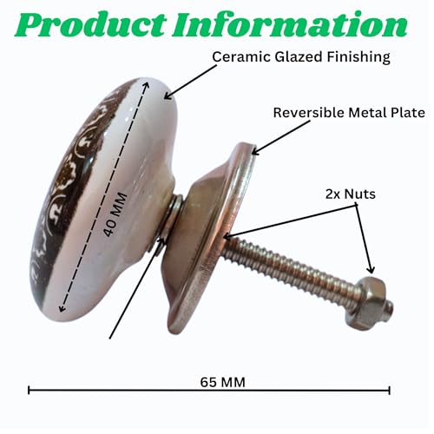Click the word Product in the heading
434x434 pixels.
(x=90, y=25)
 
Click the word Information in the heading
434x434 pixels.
(x=290, y=24)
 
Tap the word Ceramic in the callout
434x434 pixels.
(x=241, y=57)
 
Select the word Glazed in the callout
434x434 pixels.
(x=299, y=57)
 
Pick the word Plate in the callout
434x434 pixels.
(x=408, y=113)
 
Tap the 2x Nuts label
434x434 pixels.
(x=351, y=194)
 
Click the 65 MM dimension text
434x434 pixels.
(x=222, y=382)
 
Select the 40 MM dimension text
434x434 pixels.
(x=115, y=214)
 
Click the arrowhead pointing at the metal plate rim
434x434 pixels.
(x=256, y=150)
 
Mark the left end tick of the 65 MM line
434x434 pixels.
(x=29, y=391)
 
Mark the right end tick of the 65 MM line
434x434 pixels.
(x=390, y=391)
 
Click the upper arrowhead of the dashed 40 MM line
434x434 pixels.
(x=146, y=85)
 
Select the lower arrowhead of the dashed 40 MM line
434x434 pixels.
(x=62, y=309)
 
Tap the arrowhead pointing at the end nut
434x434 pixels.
(x=371, y=270)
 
